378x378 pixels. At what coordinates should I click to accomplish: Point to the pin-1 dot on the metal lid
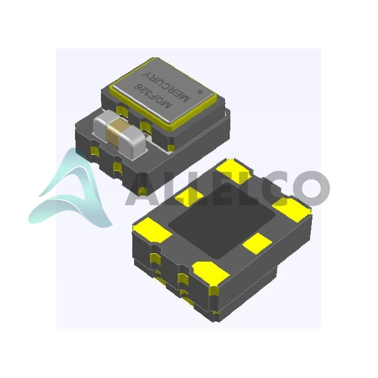click(x=200, y=92)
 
